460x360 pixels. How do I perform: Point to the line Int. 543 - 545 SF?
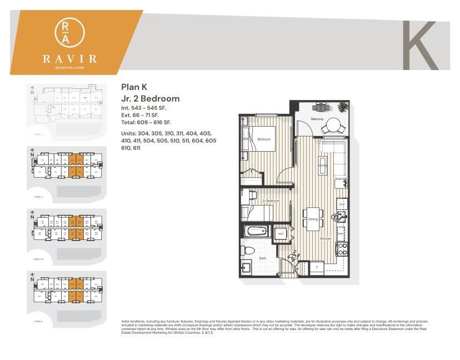point(143,107)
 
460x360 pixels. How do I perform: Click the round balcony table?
point(334,126)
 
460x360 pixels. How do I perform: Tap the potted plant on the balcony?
point(343,107)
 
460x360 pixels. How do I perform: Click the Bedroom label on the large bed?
point(263,139)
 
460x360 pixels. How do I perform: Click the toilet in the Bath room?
point(249,250)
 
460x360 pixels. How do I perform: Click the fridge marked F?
point(316,267)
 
